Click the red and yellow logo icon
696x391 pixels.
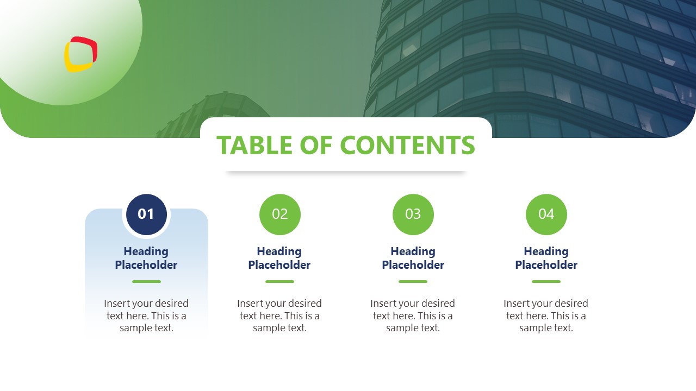point(80,54)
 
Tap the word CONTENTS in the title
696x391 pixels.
point(407,145)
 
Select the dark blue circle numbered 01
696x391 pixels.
point(146,215)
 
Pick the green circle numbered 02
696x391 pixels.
point(279,215)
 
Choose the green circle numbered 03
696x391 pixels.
point(413,215)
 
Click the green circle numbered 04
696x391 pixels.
point(546,215)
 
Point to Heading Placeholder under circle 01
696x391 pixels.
point(146,258)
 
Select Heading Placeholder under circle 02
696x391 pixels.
point(279,258)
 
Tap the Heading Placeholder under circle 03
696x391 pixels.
point(413,258)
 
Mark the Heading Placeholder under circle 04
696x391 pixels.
point(546,258)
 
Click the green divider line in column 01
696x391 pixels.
point(146,281)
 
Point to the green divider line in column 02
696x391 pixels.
point(279,281)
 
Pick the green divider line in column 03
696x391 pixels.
point(413,281)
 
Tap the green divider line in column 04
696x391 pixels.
point(546,281)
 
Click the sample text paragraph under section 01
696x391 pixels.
point(146,316)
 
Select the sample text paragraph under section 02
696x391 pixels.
point(279,316)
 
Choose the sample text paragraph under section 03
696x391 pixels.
point(413,316)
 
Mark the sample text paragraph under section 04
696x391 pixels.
point(546,316)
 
